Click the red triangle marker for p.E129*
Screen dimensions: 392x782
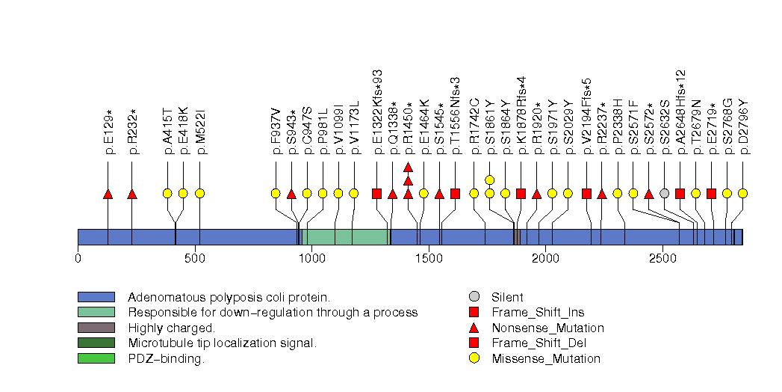click(x=108, y=194)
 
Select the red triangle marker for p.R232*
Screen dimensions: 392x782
click(x=132, y=194)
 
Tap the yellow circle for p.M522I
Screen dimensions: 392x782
click(x=199, y=193)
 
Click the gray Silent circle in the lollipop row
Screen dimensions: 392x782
click(x=665, y=193)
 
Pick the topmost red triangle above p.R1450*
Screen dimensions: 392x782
click(x=408, y=167)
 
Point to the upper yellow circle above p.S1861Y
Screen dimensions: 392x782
click(x=490, y=180)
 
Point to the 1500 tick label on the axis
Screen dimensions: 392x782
click(x=429, y=258)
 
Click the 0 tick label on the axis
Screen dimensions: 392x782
click(x=78, y=258)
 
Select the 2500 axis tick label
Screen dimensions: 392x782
click(x=662, y=258)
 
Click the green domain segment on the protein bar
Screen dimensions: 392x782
click(x=345, y=236)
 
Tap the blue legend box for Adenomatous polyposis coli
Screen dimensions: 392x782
click(x=96, y=297)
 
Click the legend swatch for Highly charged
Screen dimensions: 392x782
click(x=96, y=328)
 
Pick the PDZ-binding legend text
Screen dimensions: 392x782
click(x=166, y=358)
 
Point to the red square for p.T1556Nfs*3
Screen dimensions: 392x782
click(x=455, y=193)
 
